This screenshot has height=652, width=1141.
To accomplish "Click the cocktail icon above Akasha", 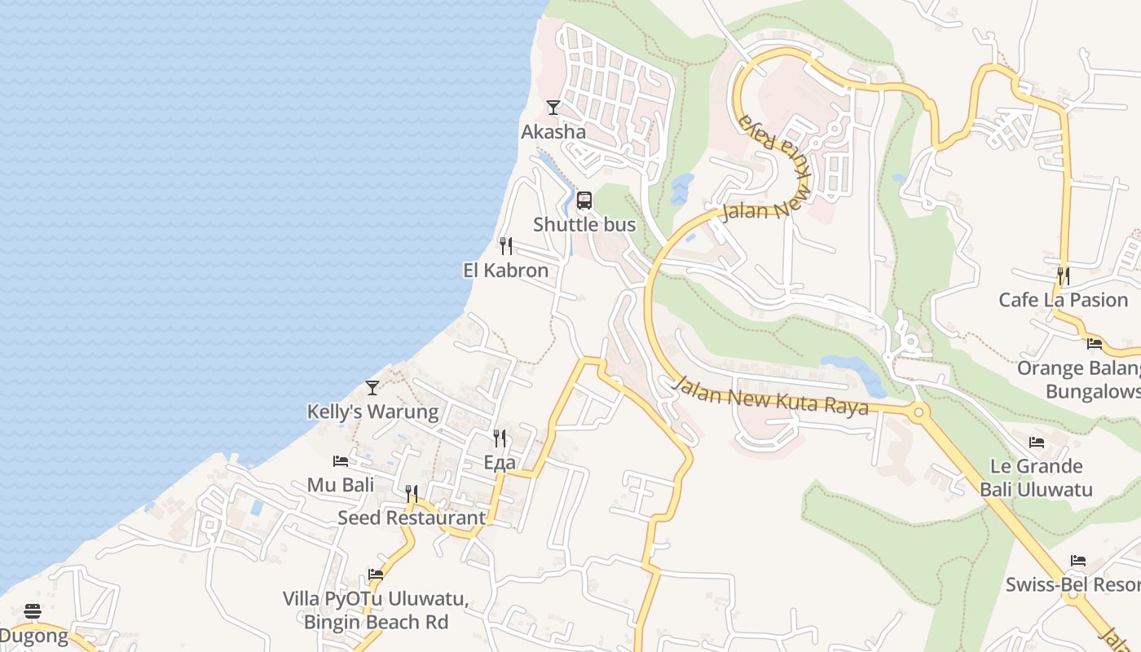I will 553,107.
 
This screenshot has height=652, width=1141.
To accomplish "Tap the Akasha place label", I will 553,132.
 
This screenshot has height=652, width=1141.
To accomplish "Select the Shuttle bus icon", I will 584,200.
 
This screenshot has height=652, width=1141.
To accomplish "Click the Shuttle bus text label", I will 584,225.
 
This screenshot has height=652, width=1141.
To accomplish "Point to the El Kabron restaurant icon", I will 506,245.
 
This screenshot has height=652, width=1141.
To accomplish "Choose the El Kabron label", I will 506,271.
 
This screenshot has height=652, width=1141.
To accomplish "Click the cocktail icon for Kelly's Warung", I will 372,387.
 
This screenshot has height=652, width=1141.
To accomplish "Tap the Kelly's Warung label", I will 372,412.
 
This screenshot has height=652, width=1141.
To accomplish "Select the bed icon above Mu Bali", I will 341,461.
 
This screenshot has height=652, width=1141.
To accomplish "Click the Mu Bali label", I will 341,486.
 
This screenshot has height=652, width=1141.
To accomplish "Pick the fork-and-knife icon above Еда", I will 500,438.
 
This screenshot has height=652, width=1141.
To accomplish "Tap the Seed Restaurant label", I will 412,518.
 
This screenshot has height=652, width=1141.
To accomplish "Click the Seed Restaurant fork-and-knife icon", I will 412,494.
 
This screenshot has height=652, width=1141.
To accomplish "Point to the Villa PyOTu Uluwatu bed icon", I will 376,575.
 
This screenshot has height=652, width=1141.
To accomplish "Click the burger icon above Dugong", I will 33,611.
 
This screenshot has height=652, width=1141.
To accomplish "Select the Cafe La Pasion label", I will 1064,300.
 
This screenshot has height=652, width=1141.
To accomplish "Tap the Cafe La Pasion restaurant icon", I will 1064,275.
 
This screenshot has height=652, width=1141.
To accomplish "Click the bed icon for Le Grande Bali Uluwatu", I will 1037,443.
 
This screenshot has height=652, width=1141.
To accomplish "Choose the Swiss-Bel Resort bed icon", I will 1078,561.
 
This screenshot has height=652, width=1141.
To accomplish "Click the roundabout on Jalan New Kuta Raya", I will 919,412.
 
